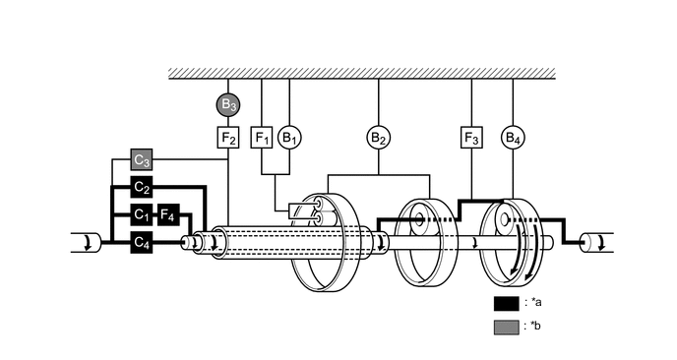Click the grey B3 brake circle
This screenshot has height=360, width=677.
[228, 103]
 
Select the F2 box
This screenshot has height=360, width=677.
[228, 137]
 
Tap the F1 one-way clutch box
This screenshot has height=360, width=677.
[262, 137]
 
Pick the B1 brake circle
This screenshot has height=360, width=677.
[289, 137]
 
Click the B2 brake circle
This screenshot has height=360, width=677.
[379, 137]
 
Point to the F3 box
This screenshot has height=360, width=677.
[471, 137]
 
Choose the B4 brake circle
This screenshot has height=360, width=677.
[513, 137]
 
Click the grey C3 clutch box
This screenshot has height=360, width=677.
[143, 159]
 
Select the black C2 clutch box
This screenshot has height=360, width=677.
[143, 187]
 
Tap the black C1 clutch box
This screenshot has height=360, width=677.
[143, 214]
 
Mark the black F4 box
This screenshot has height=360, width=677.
[168, 214]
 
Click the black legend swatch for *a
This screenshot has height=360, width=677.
[506, 303]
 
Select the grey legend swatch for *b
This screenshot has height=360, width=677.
[506, 327]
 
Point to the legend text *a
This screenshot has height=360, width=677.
[535, 303]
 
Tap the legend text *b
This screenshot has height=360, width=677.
[535, 327]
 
